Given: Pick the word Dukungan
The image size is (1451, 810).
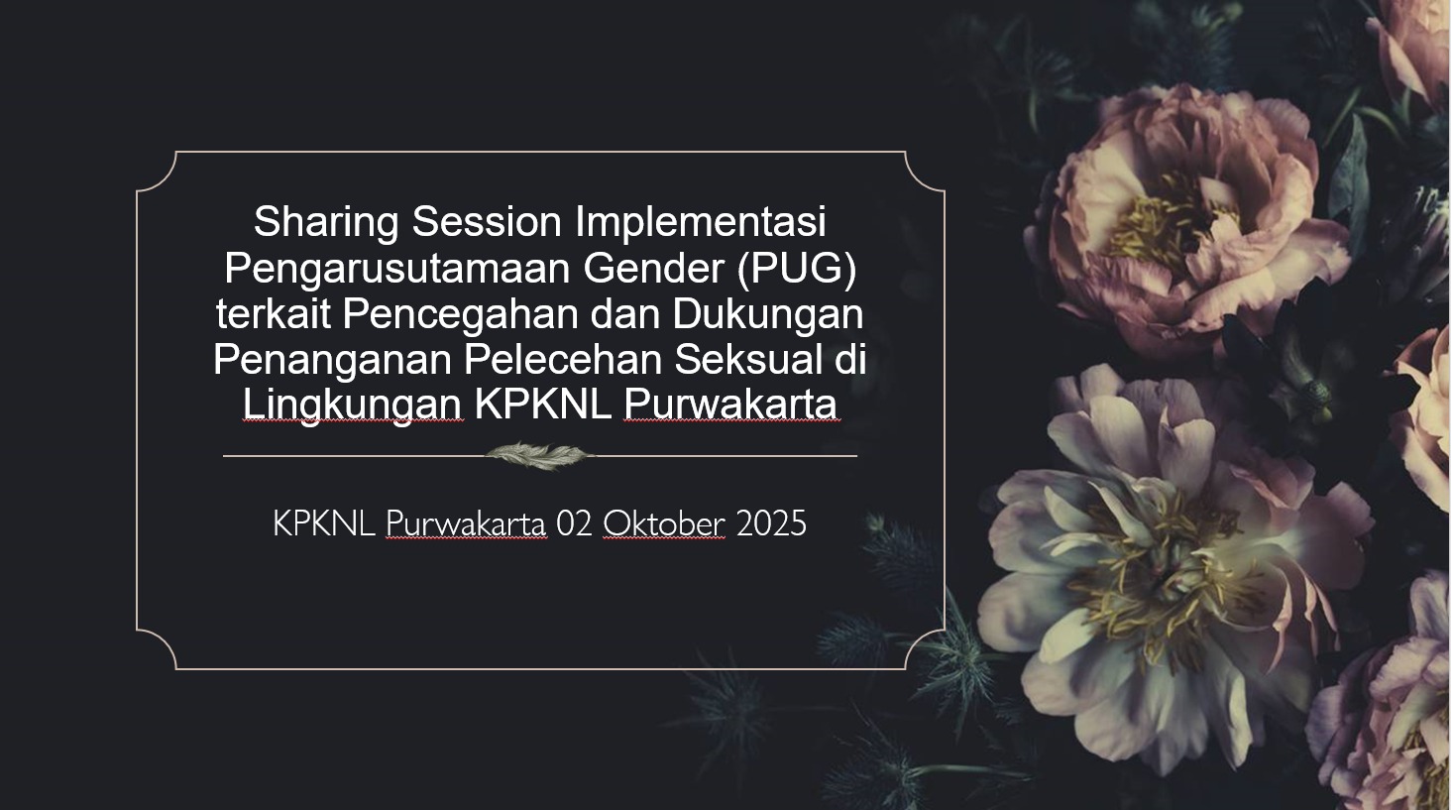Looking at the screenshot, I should pos(767,314).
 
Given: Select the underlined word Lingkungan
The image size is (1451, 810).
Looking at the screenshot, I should pos(353,405).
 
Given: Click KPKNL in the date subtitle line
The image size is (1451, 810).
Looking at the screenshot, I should pos(324,523).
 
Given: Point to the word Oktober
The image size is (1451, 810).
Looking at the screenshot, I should pos(663,523).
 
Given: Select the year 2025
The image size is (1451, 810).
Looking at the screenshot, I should pos(771,523).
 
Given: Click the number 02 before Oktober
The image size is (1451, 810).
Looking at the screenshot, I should pos(573,523).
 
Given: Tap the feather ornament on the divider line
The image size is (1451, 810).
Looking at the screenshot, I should pos(539,455).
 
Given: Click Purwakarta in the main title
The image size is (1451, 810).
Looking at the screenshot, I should pos(730,405).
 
